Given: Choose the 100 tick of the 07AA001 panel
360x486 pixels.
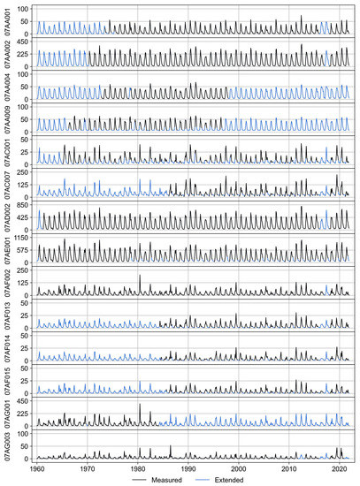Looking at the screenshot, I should pos(25,9).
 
